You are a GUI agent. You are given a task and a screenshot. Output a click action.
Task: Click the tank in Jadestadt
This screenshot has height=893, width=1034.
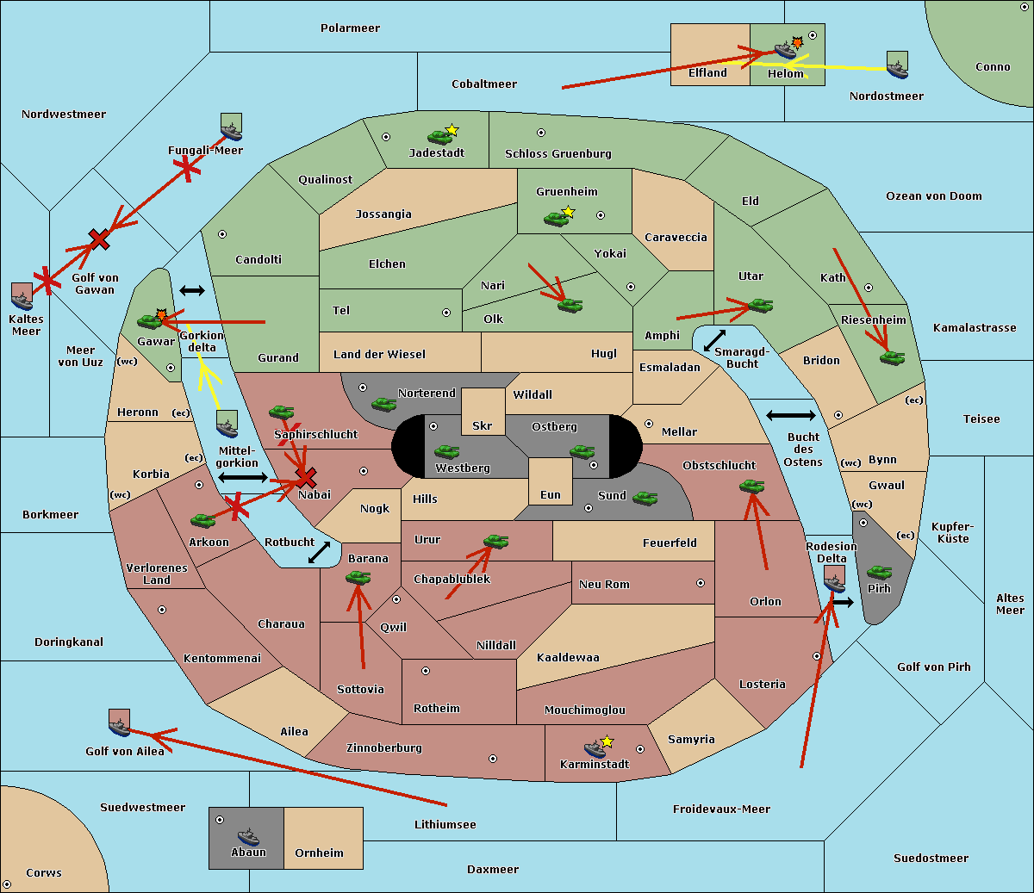[439, 136]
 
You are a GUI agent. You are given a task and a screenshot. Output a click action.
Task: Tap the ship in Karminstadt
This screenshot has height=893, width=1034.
[595, 749]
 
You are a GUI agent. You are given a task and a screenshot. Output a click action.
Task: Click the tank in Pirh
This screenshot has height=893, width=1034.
[879, 572]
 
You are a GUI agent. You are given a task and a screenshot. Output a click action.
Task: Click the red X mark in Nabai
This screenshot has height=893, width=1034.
[306, 478]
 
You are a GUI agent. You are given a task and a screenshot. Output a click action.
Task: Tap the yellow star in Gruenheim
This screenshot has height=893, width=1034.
[569, 212]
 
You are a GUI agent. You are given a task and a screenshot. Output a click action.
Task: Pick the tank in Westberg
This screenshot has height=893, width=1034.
[446, 451]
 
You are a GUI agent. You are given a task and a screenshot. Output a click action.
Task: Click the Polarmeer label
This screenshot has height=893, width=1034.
[350, 28]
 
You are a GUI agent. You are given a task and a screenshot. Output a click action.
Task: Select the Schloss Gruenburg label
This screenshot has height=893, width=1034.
[558, 153]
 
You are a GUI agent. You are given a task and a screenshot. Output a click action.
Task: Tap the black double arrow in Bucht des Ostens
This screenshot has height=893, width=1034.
[791, 415]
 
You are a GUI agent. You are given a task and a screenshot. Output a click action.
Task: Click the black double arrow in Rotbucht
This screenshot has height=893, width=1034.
[319, 552]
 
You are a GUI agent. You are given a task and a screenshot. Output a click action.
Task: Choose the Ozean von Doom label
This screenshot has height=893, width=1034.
[934, 196]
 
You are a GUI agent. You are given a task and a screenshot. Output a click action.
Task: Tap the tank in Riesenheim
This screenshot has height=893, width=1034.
[893, 358]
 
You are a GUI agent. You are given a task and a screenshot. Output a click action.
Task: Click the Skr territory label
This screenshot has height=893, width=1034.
[483, 425]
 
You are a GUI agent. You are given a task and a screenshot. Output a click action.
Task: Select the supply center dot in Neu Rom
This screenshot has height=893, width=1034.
[701, 583]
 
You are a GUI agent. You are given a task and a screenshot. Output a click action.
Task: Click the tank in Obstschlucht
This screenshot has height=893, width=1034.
[752, 486]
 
